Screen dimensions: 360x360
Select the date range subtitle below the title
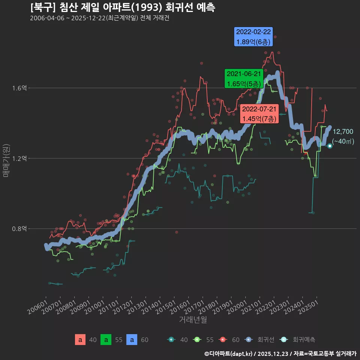[x=99, y=18]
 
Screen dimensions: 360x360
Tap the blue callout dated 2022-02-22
[x=253, y=37]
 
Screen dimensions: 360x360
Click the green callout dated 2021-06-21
[x=244, y=79]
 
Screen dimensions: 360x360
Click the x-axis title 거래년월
[x=193, y=319]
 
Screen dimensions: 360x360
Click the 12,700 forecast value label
[x=343, y=132]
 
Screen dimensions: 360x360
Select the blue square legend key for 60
[x=132, y=340]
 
